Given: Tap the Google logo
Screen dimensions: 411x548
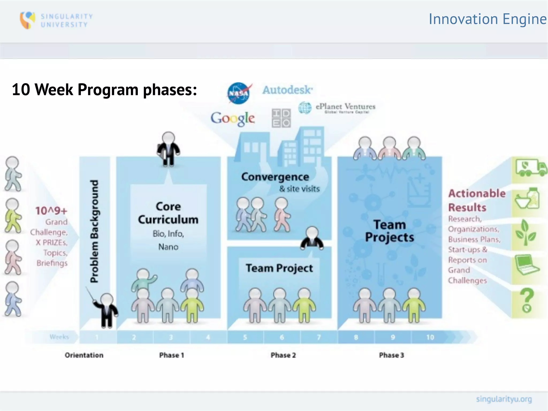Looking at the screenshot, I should [x=233, y=119].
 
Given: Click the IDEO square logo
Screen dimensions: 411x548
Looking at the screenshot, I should [x=281, y=118].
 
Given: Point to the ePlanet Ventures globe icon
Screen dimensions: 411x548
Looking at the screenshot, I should [x=305, y=108].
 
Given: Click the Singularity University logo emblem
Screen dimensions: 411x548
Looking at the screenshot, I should [x=27, y=20].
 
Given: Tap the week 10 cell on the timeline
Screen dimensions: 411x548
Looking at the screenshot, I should [x=430, y=337].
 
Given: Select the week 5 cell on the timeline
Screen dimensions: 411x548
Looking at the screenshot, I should [x=245, y=337].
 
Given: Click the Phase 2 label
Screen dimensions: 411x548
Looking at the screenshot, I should [x=283, y=355].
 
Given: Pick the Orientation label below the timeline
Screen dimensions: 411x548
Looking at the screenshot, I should [x=84, y=355].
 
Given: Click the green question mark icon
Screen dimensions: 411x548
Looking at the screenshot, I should [x=526, y=300].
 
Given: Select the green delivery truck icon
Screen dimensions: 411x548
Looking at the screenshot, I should [x=531, y=168].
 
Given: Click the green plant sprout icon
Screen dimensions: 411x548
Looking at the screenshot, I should [x=526, y=232].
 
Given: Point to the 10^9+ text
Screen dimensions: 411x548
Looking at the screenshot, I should [x=51, y=211].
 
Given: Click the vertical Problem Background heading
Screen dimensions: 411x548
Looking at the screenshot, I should [x=94, y=231].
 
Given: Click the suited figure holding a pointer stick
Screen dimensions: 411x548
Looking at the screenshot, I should [x=107, y=310].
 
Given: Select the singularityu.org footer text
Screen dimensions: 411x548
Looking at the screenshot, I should [x=504, y=399].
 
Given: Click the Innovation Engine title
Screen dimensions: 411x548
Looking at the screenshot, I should [x=487, y=19].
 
